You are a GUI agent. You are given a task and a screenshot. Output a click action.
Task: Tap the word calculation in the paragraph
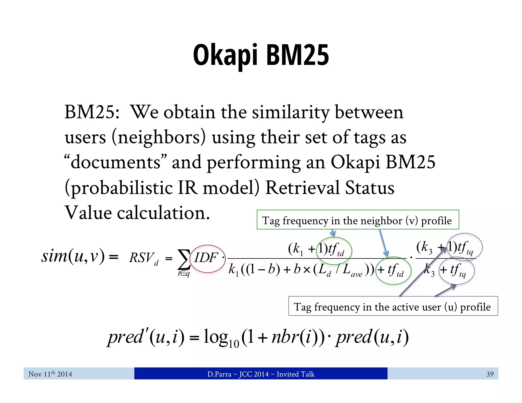pos(163,213)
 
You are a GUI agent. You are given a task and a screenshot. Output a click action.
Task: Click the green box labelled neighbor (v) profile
pos(358,220)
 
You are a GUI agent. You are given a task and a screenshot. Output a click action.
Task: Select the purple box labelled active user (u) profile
pos(393,306)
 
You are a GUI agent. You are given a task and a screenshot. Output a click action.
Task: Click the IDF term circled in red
pos(206,258)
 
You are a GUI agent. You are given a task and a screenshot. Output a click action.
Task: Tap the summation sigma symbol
pos(184,259)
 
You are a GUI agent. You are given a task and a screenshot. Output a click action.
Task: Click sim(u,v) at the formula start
pos(73,256)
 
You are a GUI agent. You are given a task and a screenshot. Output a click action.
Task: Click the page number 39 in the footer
pos(490,374)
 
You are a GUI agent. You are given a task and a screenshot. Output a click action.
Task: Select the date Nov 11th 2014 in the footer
pos(50,374)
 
